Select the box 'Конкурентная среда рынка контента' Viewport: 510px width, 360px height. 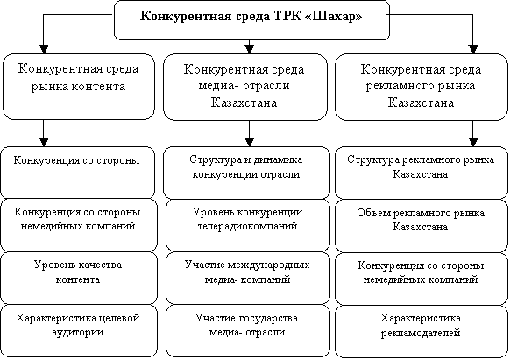coord(78,87)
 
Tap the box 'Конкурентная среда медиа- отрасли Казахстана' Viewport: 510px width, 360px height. coord(244,88)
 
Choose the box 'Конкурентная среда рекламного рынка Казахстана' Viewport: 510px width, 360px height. coord(421,88)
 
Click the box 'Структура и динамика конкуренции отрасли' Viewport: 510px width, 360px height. coord(246,173)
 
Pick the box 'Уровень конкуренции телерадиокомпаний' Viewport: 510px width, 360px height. coord(247,225)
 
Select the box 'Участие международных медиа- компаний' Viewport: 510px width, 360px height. coord(247,278)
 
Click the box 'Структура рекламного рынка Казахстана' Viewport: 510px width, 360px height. coord(421,173)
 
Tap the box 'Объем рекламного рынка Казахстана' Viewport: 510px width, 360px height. coord(421,226)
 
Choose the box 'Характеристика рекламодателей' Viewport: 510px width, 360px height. coord(421,331)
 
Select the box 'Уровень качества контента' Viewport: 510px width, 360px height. coord(78,278)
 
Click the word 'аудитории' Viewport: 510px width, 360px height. coord(78,332)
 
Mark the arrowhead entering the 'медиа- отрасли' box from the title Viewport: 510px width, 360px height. coord(249,49)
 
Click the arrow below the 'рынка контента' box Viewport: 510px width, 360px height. coord(44,133)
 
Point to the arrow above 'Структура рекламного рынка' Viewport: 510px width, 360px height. coord(473,133)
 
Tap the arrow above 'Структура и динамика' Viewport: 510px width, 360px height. coord(249,133)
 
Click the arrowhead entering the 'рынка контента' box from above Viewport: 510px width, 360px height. coord(44,49)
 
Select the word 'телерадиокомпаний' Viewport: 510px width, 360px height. coord(247,226)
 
